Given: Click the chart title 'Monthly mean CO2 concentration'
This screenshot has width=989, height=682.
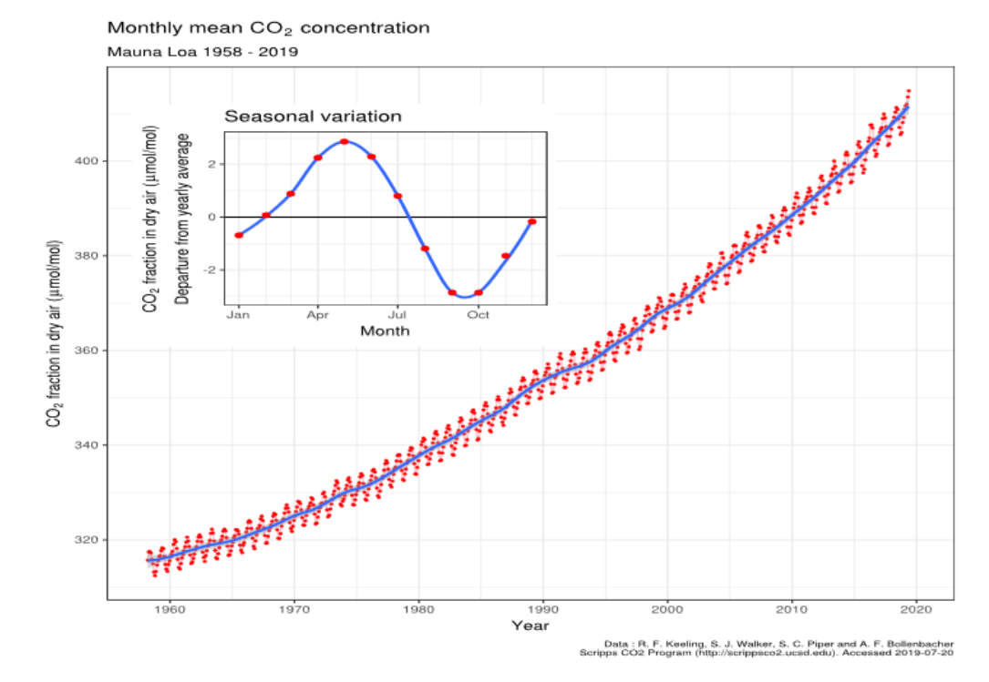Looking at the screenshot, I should tap(268, 28).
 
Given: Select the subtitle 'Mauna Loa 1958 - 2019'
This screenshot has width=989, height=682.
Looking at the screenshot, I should tap(202, 52).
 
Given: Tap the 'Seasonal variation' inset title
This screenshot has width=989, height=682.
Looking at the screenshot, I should tap(313, 117).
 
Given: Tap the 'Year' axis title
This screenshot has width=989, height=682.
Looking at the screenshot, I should tap(530, 626).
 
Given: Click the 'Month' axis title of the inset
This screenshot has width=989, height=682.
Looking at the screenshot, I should tap(385, 331).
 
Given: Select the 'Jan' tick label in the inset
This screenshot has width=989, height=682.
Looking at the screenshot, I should tap(239, 315).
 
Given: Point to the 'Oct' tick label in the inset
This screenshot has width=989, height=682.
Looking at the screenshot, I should tap(478, 315).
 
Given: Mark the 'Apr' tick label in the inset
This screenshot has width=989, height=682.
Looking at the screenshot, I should tap(318, 315).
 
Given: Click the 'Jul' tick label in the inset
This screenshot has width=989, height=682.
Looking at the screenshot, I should tap(397, 315).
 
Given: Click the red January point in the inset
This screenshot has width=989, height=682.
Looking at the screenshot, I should tap(239, 235).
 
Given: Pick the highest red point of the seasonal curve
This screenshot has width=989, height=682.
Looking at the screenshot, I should tap(345, 142).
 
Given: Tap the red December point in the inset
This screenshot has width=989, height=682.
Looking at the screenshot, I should tap(531, 221).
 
